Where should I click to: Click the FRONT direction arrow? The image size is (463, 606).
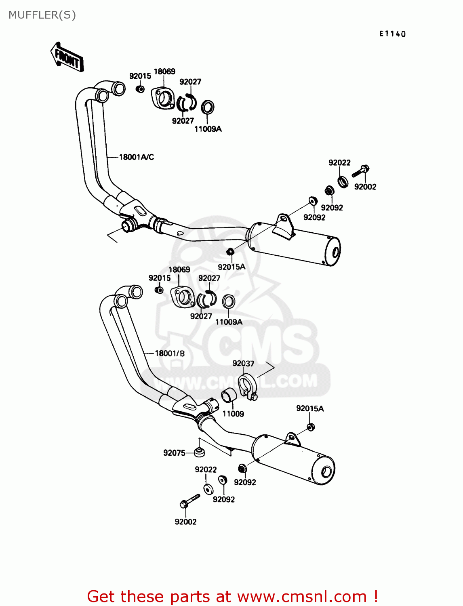tap(67, 58)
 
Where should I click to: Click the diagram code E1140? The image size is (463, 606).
tap(392, 34)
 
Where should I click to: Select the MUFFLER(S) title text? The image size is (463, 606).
tap(42, 15)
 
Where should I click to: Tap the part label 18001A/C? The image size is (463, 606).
tap(136, 157)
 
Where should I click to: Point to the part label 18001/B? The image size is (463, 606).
tap(170, 353)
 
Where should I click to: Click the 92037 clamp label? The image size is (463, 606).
tap(243, 364)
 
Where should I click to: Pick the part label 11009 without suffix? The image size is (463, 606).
tap(233, 414)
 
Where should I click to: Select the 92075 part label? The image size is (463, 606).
tap(174, 453)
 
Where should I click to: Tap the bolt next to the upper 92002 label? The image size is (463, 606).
tap(361, 171)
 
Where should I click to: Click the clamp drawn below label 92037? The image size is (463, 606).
tap(247, 387)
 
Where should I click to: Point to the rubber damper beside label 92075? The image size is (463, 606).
tap(198, 452)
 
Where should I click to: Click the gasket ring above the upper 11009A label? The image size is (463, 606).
tap(207, 107)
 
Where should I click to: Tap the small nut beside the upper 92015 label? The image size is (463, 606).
tap(140, 88)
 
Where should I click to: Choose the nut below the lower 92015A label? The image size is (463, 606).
tap(311, 427)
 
